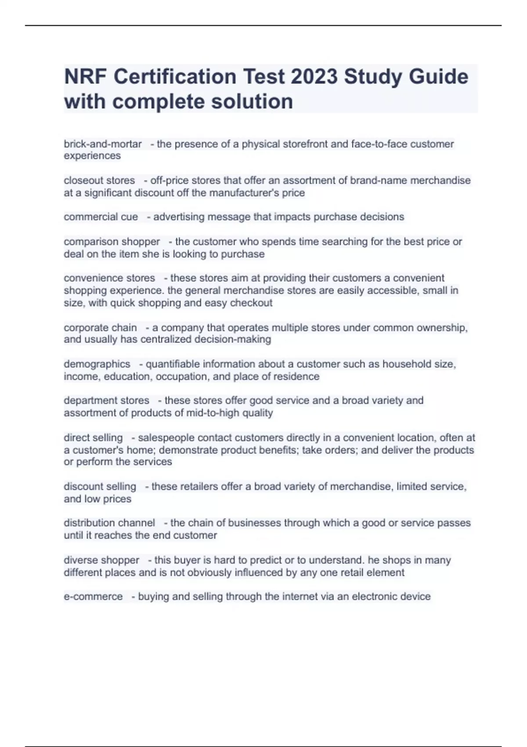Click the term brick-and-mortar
coord(103,144)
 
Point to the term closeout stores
coord(99,181)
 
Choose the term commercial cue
coord(101,217)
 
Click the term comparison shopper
coord(112,242)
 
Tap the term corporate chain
coord(100,328)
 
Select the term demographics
coord(97,364)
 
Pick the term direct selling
coord(93,438)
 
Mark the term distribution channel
coord(109,523)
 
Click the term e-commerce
coord(93,597)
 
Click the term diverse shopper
coord(101,560)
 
